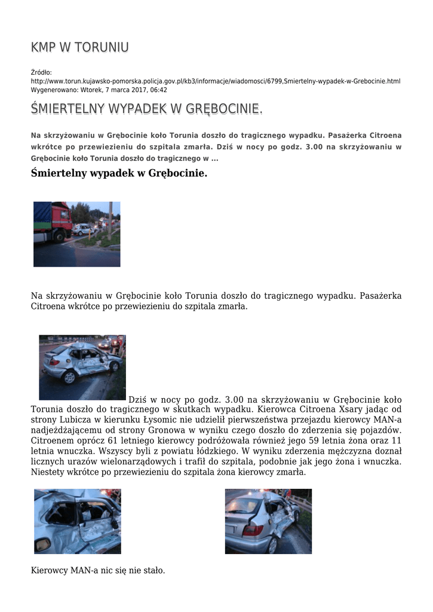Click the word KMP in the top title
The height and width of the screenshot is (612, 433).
click(44, 48)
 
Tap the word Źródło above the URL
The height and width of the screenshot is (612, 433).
click(42, 72)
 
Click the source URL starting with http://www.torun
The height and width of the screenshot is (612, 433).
click(215, 81)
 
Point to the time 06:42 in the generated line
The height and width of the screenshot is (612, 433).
click(158, 90)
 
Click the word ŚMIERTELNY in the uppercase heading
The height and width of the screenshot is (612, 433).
click(67, 109)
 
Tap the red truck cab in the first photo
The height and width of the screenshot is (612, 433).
click(62, 218)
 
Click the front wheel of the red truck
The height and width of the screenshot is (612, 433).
click(59, 235)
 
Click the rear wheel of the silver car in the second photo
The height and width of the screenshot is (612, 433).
click(69, 377)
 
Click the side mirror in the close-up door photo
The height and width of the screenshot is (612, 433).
click(43, 544)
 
